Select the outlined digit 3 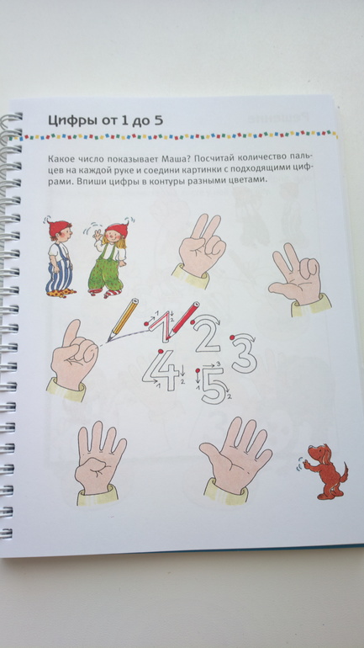(244, 354)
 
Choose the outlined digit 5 (214, 385)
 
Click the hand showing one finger (72, 359)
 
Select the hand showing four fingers (98, 462)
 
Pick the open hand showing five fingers (235, 459)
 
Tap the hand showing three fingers (298, 278)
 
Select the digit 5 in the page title (158, 120)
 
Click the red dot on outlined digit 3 (233, 337)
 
